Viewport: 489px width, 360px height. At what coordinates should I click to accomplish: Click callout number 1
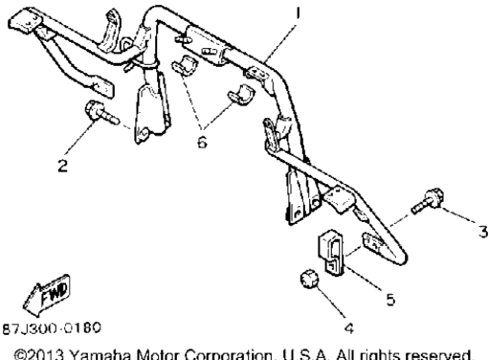coord(298,14)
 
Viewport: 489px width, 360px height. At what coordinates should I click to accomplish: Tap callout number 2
coord(63,166)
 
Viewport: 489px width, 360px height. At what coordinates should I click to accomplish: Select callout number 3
coord(484,232)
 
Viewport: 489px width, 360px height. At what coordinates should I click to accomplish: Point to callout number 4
coord(349,328)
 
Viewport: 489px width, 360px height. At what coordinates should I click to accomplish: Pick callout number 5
coord(390,300)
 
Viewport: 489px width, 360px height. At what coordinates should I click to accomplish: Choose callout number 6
coord(202,142)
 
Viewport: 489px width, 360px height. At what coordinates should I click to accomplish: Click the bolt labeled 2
coord(100,113)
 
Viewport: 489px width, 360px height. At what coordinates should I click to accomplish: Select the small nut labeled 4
coord(309,279)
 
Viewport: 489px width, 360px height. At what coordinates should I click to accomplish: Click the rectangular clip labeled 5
coord(330,252)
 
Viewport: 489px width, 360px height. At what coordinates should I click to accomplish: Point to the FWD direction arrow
coord(47,295)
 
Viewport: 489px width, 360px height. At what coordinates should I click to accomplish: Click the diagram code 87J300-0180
coord(52,328)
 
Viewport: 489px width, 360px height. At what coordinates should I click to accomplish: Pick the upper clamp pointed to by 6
coord(185,66)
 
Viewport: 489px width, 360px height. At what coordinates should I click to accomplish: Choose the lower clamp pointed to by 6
coord(241,95)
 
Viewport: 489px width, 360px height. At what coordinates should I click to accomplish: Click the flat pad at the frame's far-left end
coord(25,20)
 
